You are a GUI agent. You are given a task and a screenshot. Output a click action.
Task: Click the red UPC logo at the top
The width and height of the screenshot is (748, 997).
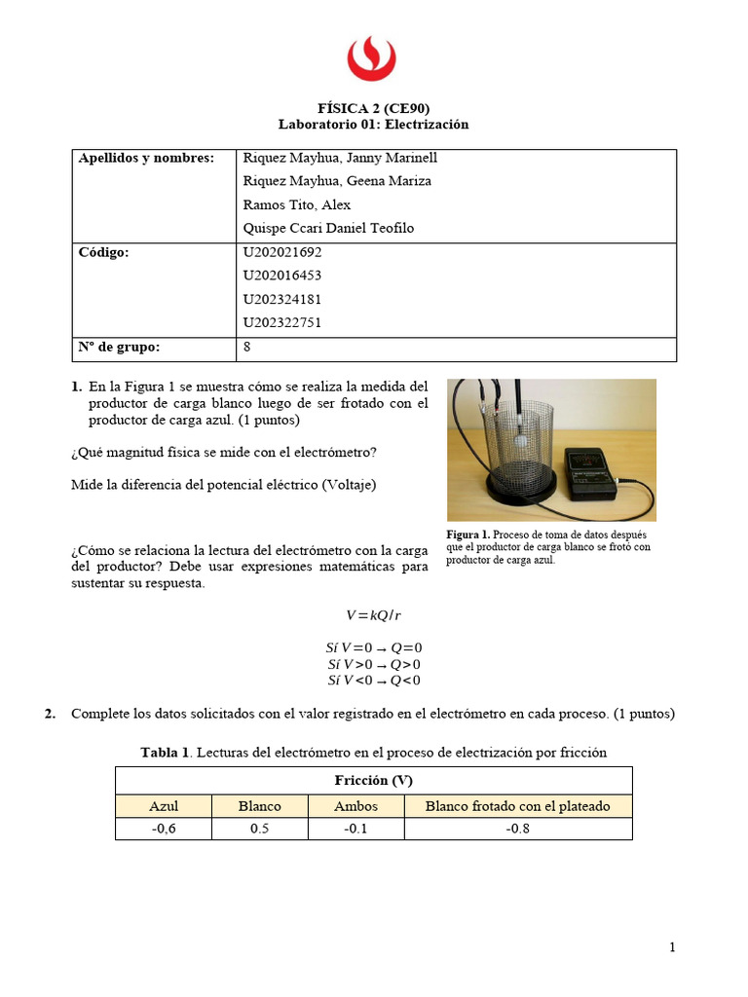coord(373,57)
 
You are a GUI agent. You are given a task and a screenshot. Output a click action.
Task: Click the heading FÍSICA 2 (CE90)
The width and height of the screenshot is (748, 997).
coord(373,108)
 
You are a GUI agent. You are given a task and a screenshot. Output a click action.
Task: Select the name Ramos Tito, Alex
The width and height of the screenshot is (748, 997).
coord(296,204)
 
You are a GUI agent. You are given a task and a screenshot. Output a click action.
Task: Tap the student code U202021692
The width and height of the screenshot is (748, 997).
coord(281,251)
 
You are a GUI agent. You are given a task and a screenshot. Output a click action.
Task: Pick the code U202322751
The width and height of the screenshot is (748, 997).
coord(281,322)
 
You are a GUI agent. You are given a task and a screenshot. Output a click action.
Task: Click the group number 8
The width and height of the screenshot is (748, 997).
coord(247,347)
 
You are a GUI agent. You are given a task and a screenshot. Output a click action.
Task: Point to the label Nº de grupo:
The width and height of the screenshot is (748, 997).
coord(119,347)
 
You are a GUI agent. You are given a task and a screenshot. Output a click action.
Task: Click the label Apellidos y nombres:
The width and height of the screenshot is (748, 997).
coord(145,158)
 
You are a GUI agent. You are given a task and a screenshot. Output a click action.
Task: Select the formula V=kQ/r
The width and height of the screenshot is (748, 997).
coord(373,615)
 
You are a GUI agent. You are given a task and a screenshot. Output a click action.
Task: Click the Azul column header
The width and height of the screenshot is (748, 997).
coord(163,806)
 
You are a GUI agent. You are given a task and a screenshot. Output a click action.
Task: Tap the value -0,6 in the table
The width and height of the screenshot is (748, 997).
coord(163,829)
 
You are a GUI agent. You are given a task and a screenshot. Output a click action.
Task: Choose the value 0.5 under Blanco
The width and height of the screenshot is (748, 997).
coord(259,829)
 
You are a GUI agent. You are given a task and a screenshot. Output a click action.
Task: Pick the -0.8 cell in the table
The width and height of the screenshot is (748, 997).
coord(518,829)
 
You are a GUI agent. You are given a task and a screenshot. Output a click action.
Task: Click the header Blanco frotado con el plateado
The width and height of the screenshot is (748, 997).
coord(518,806)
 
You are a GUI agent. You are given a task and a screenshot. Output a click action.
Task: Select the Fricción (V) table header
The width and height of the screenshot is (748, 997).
coord(373,781)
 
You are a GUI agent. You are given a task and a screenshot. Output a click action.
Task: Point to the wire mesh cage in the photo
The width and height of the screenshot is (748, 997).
coord(515,443)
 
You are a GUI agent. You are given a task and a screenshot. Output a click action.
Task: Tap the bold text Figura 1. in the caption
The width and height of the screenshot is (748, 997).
coord(468,535)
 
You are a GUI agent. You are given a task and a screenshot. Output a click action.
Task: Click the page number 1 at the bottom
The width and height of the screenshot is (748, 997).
coord(672,947)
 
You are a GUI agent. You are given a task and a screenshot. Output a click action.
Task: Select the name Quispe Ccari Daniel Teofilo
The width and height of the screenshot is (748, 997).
coord(328,228)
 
